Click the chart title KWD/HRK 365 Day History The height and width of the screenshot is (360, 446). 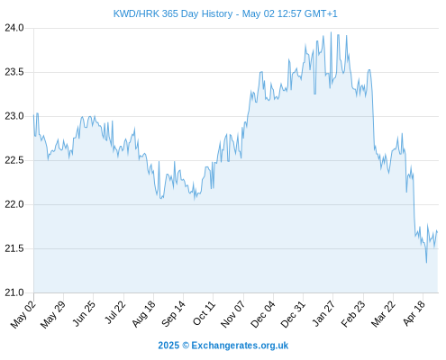[173, 13]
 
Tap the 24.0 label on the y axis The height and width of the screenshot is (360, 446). [14, 28]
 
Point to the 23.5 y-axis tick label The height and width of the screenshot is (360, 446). [14, 72]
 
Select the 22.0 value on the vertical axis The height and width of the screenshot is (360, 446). [14, 204]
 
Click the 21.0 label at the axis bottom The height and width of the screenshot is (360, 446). [14, 292]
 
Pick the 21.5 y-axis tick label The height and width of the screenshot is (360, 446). [14, 248]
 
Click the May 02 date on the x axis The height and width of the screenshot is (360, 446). [23, 314]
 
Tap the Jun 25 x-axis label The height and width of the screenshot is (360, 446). [85, 313]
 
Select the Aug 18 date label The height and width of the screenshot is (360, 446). [144, 313]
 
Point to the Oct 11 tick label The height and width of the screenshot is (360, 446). [205, 313]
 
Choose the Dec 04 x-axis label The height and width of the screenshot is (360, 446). [263, 314]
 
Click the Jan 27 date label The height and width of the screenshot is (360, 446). [323, 313]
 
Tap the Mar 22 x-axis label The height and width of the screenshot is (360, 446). [383, 314]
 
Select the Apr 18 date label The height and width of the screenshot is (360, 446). [414, 313]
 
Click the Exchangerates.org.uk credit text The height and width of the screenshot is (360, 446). [240, 346]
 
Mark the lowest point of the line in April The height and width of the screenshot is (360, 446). [426, 263]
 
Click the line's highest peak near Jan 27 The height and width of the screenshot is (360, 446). [331, 32]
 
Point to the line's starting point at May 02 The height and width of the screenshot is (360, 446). [34, 115]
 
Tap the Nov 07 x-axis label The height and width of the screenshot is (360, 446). [233, 314]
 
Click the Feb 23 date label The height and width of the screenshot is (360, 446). [353, 314]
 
